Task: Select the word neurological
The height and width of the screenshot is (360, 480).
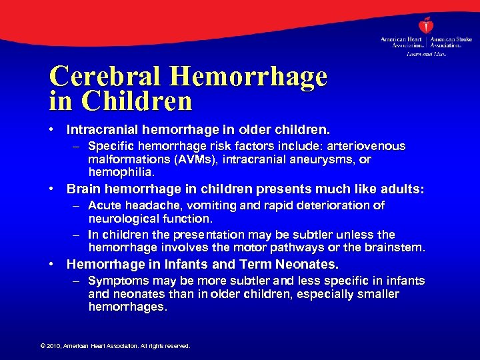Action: coord(125,219)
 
